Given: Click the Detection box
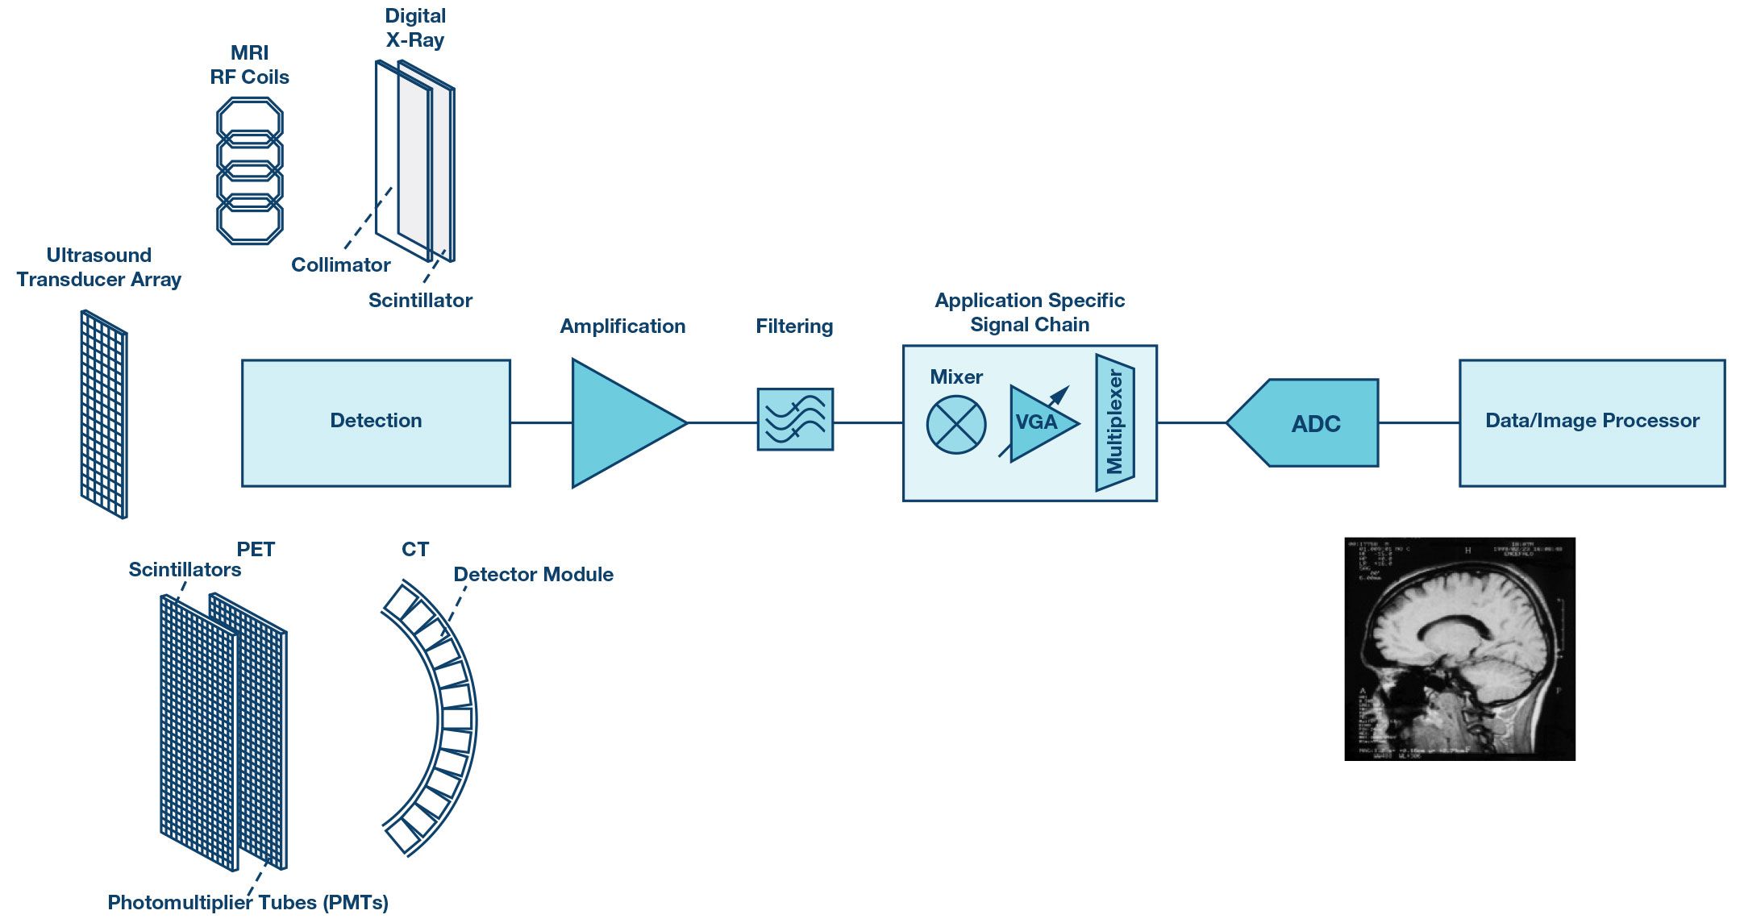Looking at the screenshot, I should (x=376, y=422).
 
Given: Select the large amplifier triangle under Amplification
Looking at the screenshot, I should (x=617, y=422).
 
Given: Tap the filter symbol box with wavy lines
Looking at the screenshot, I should (x=795, y=419).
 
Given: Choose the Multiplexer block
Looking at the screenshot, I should (x=1115, y=422).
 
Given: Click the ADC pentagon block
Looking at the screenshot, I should (x=1306, y=423).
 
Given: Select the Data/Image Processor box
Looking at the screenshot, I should (x=1592, y=422).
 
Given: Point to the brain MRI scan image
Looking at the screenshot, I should (x=1459, y=649).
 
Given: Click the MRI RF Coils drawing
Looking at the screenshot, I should (x=250, y=170).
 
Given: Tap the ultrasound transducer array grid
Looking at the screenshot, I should (x=104, y=414).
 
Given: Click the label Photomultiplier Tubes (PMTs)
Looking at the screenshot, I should (x=248, y=903).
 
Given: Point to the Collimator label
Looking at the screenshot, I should (x=340, y=265).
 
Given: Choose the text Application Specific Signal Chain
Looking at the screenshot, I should (x=1030, y=313).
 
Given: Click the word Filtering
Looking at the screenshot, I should (x=794, y=326).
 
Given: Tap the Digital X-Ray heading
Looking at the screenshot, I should (x=414, y=28).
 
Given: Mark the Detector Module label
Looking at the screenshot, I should (x=533, y=575).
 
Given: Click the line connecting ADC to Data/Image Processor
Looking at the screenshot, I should (x=1418, y=422).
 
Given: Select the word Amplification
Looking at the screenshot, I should (x=622, y=326).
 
